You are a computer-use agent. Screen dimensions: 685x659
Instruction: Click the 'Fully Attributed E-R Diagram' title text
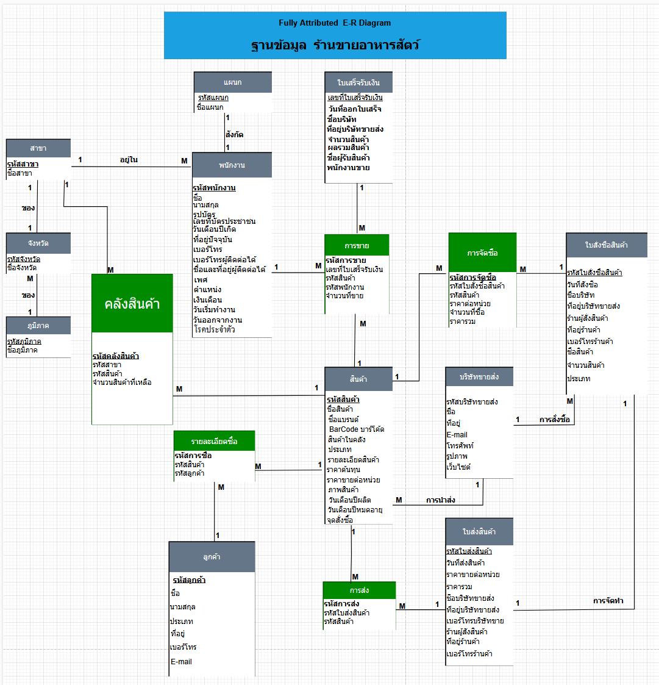pyautogui.click(x=335, y=23)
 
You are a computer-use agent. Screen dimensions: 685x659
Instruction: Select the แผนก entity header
pyautogui.click(x=232, y=82)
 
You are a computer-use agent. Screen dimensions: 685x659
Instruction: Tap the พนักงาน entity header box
pyautogui.click(x=232, y=165)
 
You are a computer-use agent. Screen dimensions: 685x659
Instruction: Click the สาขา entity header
pyautogui.click(x=38, y=148)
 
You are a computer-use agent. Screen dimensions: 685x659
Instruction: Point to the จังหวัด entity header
pyautogui.click(x=38, y=243)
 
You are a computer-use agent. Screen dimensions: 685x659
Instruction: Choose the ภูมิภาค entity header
pyautogui.click(x=38, y=326)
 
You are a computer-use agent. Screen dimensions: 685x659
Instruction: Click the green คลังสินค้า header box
pyautogui.click(x=132, y=303)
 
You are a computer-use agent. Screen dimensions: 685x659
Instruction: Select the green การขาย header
pyautogui.click(x=357, y=245)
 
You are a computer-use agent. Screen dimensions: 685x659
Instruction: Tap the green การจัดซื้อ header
pyautogui.click(x=482, y=253)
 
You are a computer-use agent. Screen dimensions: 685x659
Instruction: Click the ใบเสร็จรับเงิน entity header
pyautogui.click(x=358, y=82)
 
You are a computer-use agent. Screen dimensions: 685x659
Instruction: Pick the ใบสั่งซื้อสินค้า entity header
pyautogui.click(x=606, y=245)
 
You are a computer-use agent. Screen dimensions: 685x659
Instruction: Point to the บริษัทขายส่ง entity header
pyautogui.click(x=479, y=376)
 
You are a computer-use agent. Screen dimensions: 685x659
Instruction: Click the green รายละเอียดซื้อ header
pyautogui.click(x=214, y=441)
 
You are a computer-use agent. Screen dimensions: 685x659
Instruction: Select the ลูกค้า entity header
pyautogui.click(x=212, y=557)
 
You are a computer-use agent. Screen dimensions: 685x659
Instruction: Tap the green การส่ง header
pyautogui.click(x=359, y=590)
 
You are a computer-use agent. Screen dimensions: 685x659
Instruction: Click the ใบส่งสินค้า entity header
pyautogui.click(x=479, y=531)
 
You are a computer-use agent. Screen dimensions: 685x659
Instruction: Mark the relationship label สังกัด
pyautogui.click(x=235, y=135)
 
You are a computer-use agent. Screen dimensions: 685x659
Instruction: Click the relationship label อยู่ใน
pyautogui.click(x=129, y=160)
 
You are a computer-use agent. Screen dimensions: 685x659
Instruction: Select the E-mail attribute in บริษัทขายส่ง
pyautogui.click(x=457, y=435)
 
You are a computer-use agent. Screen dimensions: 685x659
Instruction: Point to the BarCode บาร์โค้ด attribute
pyautogui.click(x=356, y=429)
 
